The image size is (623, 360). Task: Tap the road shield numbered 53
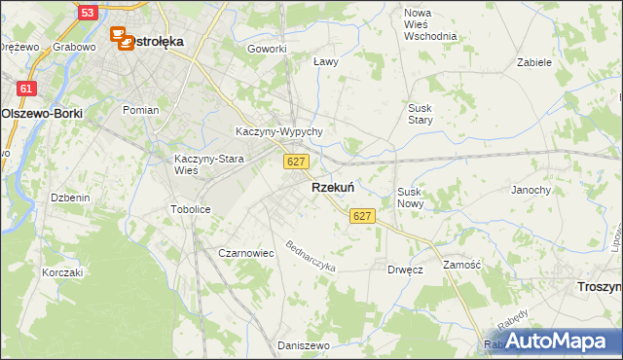(88, 13)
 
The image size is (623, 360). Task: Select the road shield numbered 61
(26, 89)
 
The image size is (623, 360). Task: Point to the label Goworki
(267, 49)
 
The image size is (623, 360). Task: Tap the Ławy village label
(326, 61)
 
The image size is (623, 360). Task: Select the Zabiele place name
(534, 61)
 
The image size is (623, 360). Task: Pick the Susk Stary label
(420, 114)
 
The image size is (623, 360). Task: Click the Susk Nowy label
(410, 198)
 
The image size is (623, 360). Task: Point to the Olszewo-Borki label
(42, 113)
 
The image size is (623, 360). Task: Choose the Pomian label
(140, 110)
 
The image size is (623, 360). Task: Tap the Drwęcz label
(404, 270)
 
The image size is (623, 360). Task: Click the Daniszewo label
(298, 345)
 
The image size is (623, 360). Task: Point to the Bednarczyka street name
(311, 256)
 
